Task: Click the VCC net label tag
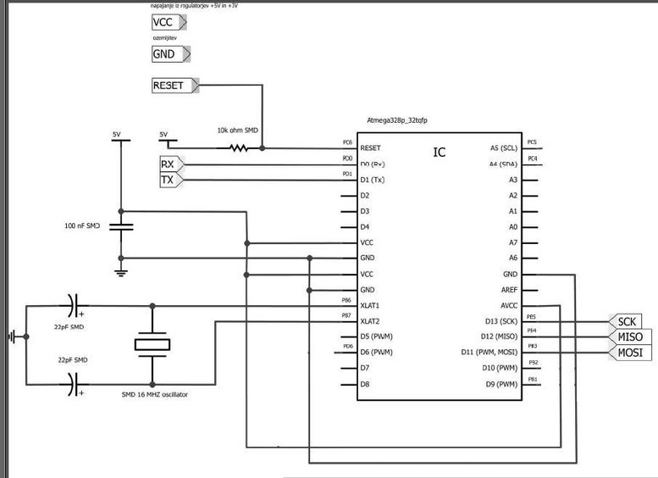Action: pos(167,23)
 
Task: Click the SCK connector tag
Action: pos(625,321)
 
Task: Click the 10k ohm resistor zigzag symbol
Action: pos(239,147)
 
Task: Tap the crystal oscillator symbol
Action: pos(152,344)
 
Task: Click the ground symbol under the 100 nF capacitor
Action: pos(120,271)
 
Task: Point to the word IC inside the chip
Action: pos(440,153)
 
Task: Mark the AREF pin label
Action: pos(509,290)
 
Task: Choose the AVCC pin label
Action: pos(508,305)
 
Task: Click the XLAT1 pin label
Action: pos(370,305)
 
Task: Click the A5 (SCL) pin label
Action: pos(503,147)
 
